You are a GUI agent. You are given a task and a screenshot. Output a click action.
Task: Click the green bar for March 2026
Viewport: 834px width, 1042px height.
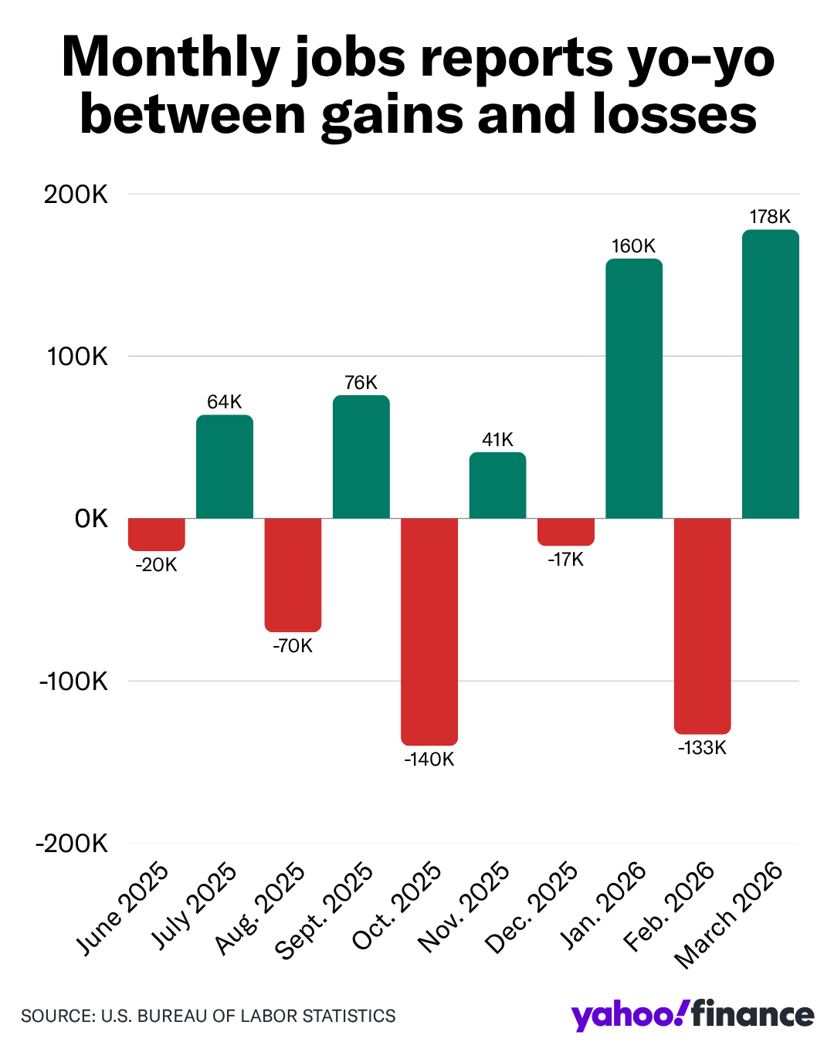click(770, 374)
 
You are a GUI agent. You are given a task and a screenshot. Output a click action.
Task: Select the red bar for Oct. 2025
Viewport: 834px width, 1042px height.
click(429, 631)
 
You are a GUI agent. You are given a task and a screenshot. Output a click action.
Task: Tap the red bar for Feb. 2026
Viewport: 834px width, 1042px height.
click(702, 626)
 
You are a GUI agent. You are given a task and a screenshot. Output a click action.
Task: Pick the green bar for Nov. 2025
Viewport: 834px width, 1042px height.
click(497, 485)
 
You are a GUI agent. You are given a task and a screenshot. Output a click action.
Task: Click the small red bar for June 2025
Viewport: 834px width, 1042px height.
click(157, 534)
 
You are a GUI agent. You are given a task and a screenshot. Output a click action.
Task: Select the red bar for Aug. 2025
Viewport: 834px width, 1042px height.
click(293, 574)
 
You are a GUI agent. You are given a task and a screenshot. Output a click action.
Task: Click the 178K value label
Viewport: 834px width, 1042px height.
click(770, 217)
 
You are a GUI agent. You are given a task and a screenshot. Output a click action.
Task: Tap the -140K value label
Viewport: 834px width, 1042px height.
click(429, 760)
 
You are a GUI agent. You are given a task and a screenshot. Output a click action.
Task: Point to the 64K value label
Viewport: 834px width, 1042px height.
click(225, 401)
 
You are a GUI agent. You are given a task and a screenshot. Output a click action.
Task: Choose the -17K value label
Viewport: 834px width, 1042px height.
click(566, 560)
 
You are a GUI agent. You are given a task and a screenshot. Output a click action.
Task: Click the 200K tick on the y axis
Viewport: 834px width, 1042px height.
click(76, 195)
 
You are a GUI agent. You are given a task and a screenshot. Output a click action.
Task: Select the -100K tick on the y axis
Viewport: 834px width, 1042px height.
click(73, 682)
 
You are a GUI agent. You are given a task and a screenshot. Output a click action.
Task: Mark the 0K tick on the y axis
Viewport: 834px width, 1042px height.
click(91, 519)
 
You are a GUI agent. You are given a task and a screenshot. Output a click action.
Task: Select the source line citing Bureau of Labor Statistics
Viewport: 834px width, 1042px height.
click(208, 1016)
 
